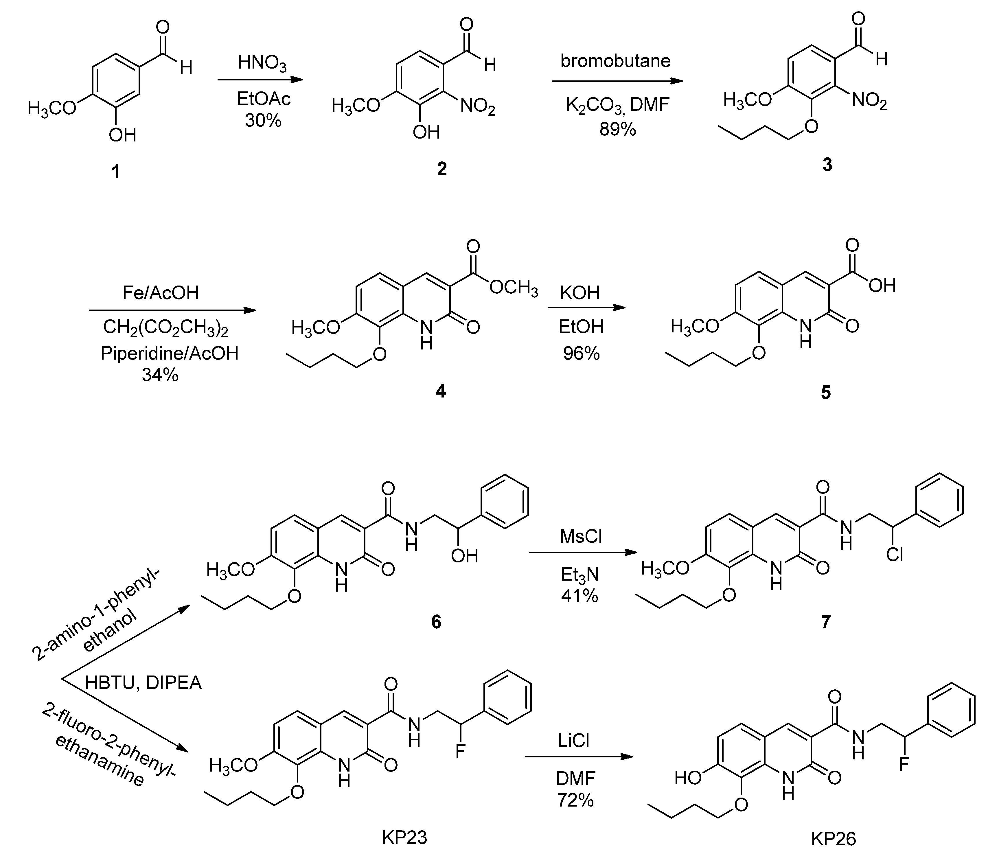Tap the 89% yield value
(617, 129)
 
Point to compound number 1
(115, 171)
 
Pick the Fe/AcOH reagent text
(160, 292)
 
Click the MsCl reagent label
(581, 536)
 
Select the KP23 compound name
(404, 838)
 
